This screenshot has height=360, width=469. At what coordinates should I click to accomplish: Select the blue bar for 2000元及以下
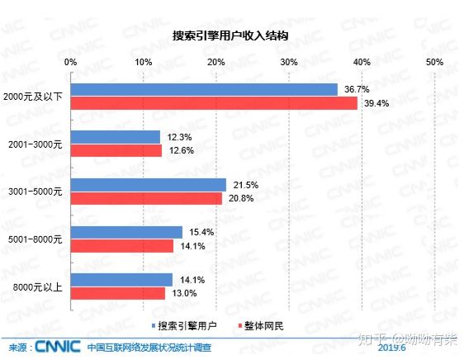coord(204,89)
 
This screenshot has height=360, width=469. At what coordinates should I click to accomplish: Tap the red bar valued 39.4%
coord(214,103)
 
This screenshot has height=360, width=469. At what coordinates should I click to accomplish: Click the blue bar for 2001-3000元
coord(116,136)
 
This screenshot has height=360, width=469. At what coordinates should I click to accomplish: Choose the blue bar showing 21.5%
coord(149,184)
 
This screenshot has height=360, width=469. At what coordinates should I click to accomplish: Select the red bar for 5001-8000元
coord(122,245)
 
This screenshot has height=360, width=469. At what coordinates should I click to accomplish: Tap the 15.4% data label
coord(197,232)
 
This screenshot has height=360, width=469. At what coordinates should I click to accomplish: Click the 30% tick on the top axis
coord(288,62)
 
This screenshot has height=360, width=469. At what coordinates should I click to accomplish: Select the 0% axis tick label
coord(71,62)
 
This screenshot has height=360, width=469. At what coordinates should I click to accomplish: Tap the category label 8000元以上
coord(41,287)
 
